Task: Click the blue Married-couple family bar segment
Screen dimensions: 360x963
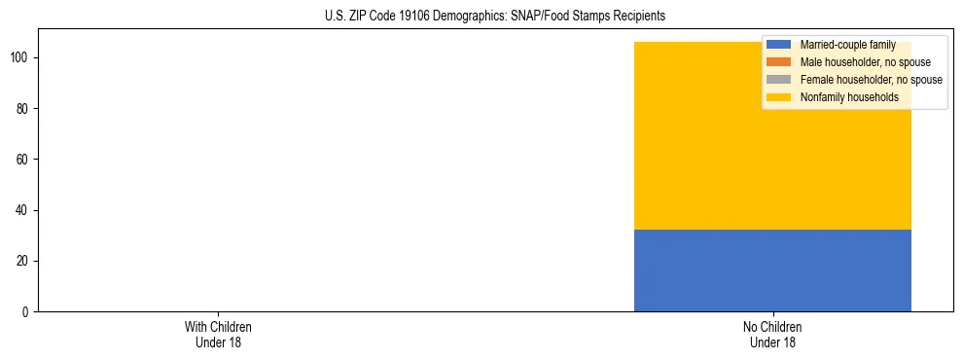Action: [x=772, y=270]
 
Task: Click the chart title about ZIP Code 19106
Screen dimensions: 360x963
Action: [x=495, y=17]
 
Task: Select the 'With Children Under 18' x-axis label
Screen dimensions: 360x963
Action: [x=218, y=334]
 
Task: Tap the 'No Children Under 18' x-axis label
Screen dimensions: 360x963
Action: [x=772, y=334]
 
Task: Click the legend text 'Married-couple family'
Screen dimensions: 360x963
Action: [x=847, y=45]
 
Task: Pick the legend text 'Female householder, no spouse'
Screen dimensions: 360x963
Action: [x=871, y=80]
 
